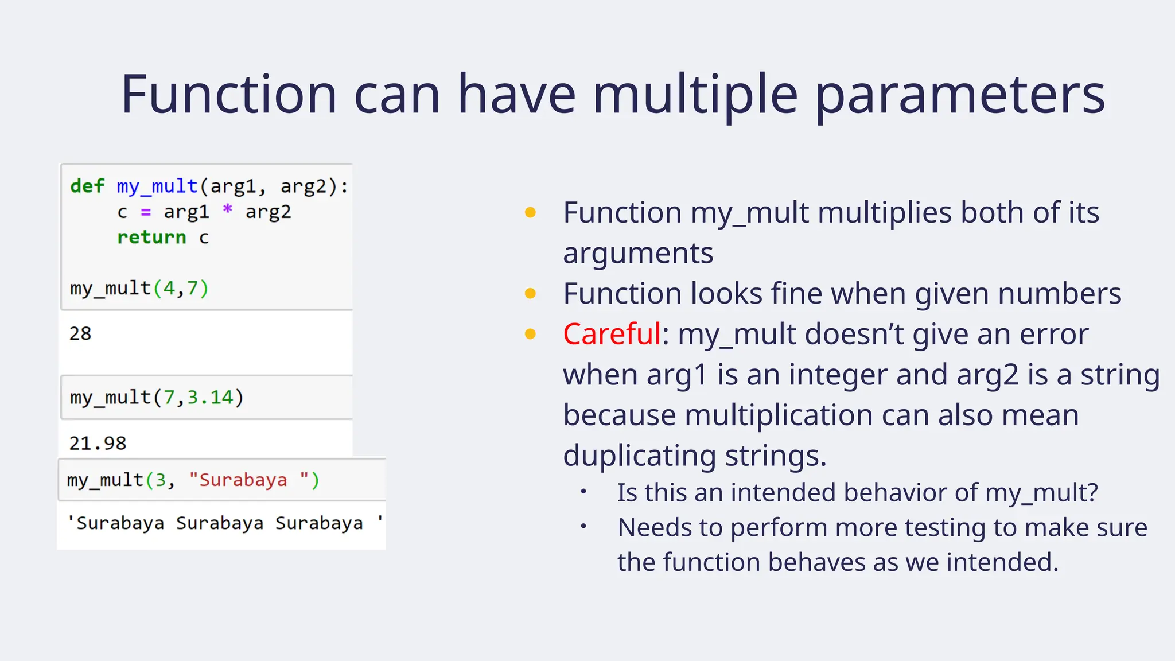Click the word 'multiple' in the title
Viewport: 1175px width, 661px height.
[695, 95]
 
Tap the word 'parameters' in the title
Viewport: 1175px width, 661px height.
[960, 95]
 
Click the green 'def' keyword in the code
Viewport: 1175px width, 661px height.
[87, 186]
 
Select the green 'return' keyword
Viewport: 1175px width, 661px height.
[151, 237]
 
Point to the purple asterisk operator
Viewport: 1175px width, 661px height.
[228, 210]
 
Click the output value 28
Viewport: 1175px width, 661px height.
[80, 333]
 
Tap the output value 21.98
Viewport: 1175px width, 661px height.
[98, 443]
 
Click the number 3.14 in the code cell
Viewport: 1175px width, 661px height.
[210, 397]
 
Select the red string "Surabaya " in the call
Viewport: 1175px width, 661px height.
[249, 480]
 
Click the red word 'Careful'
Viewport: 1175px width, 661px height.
[612, 334]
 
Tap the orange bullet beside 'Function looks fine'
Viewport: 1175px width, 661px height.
[530, 294]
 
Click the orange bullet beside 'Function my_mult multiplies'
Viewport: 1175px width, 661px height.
[530, 213]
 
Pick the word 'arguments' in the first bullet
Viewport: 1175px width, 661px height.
[638, 253]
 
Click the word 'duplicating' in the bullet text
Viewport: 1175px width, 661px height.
[639, 456]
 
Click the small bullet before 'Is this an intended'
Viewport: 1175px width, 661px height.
[583, 492]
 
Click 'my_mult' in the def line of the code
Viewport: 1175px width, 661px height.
[157, 186]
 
